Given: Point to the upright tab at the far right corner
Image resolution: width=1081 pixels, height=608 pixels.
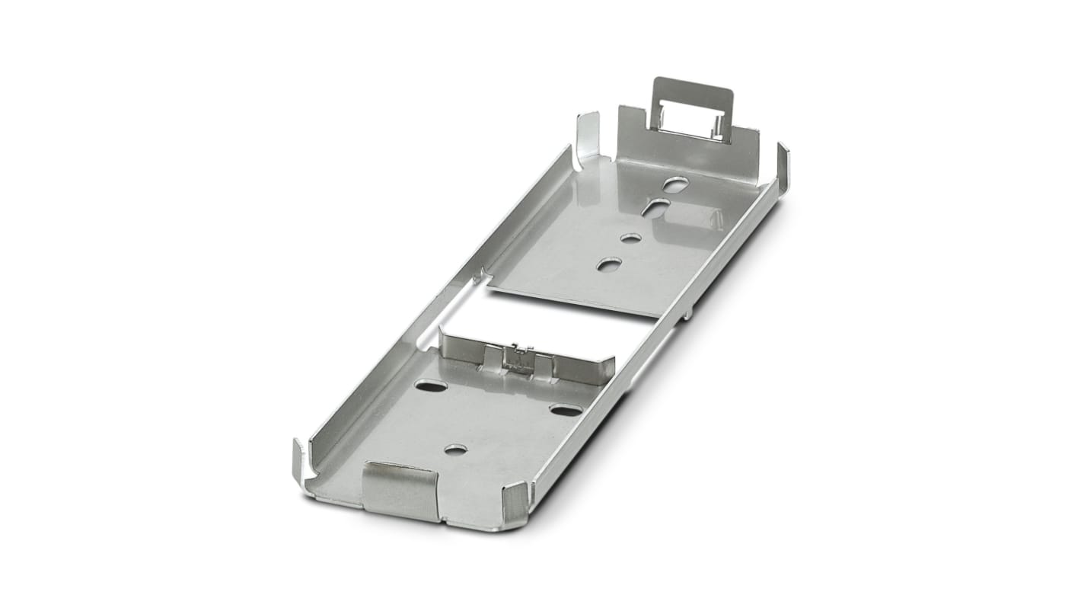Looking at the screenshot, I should (783, 166).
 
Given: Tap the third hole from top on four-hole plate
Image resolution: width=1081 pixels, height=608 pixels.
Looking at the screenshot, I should (630, 238).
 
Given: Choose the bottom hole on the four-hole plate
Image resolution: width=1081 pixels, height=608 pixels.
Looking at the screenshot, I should (608, 264).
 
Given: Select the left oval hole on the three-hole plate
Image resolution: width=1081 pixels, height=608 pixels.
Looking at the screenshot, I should (431, 386).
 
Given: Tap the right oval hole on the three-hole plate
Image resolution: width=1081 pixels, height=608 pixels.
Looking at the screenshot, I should (566, 411).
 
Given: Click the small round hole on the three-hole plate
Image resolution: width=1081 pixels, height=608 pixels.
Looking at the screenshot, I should (455, 450).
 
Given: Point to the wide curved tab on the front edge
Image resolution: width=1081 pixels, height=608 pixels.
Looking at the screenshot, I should (399, 488).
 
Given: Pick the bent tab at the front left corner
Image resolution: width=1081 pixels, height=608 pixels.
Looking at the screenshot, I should (300, 462).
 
